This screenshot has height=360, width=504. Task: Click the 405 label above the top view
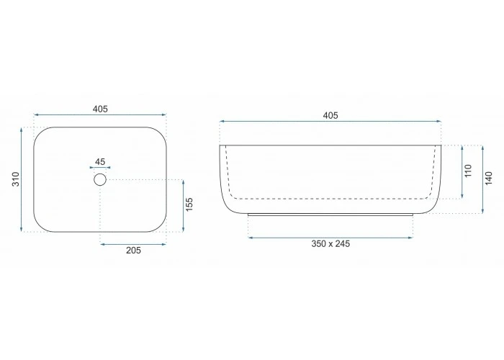point(100,109)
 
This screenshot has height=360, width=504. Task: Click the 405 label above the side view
point(330,116)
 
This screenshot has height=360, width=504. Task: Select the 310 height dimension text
point(16,179)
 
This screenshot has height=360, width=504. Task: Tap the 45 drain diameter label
point(100,162)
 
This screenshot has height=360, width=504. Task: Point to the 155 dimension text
point(189,204)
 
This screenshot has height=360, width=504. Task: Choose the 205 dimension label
point(133,250)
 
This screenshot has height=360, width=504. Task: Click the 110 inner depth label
point(468,171)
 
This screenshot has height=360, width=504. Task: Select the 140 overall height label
point(489,179)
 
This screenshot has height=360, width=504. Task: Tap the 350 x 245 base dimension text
point(330,243)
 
